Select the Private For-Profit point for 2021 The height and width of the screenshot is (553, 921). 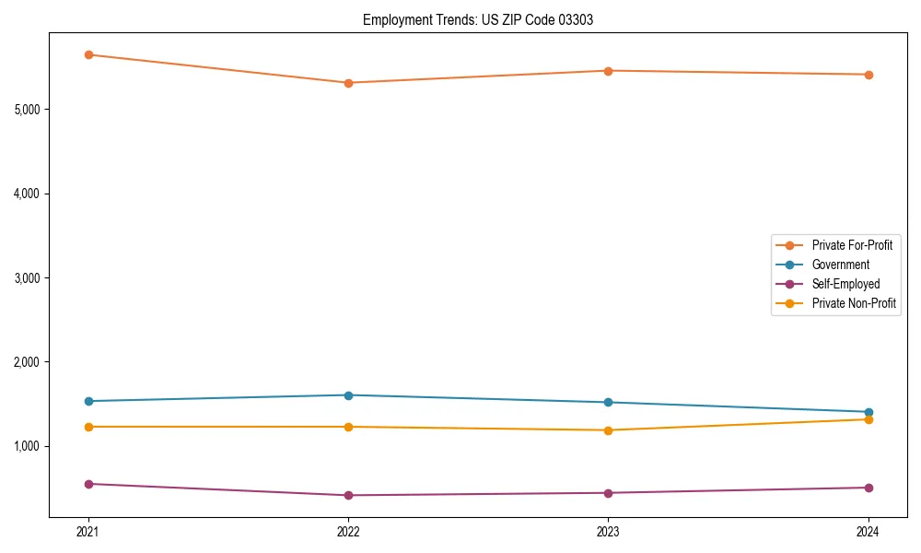click(x=88, y=54)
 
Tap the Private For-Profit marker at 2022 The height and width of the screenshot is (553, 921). click(x=348, y=83)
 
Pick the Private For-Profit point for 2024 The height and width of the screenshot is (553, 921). click(x=869, y=75)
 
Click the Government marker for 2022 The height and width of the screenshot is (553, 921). click(x=348, y=395)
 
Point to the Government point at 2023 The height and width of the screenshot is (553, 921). click(x=609, y=402)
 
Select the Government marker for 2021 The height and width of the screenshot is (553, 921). click(x=88, y=401)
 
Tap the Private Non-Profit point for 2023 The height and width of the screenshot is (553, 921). click(x=609, y=430)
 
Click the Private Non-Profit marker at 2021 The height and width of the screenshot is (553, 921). click(x=88, y=427)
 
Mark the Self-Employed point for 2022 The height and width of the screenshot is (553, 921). click(x=348, y=495)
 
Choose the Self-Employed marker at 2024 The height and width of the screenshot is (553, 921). click(x=869, y=488)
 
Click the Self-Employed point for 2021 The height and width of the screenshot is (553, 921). click(x=88, y=484)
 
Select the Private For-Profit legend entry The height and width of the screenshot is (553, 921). click(x=851, y=245)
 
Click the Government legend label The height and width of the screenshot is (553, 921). click(x=840, y=265)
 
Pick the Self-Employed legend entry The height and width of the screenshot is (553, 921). click(x=845, y=284)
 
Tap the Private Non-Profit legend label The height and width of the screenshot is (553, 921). click(x=854, y=303)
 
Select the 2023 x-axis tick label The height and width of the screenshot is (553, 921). click(x=609, y=532)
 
